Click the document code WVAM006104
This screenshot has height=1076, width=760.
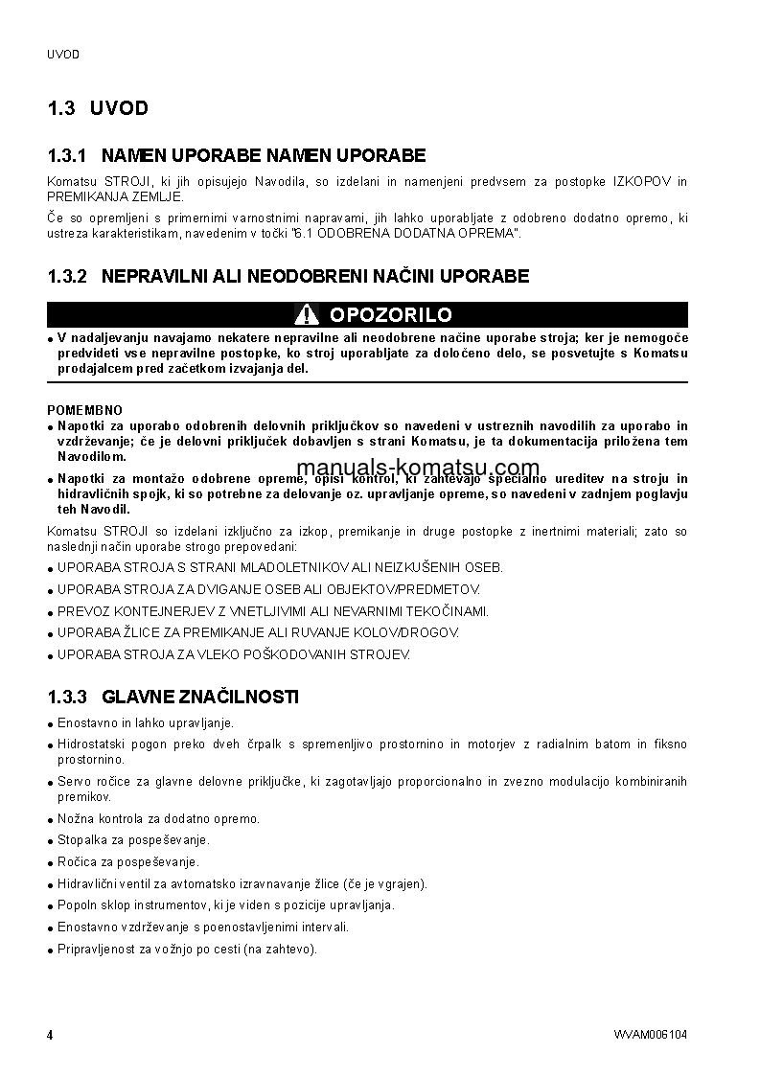651,1035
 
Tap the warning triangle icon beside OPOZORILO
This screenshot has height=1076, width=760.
307,314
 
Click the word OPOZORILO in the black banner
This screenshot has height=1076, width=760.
390,315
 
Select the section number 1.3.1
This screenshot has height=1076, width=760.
67,155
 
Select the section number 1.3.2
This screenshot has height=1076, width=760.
67,276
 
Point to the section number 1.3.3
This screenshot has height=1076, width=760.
67,697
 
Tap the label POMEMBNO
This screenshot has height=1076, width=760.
85,410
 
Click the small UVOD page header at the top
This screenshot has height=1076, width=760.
63,55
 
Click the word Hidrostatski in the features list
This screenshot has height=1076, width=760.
87,744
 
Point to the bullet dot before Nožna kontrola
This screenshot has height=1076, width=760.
50,820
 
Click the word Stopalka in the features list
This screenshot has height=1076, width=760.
80,840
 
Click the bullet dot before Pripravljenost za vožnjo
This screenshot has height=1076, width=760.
50,950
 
